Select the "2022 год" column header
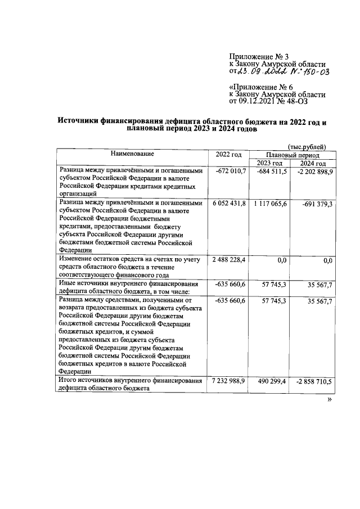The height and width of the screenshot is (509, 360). (x=228, y=155)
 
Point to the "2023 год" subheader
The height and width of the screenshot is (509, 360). (x=269, y=163)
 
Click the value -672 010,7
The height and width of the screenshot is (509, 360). (x=231, y=171)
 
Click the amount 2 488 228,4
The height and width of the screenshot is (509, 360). (x=229, y=259)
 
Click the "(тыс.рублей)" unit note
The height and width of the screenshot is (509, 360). (x=307, y=146)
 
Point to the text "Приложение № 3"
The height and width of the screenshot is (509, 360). (x=258, y=56)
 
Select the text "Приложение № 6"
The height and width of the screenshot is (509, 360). (x=261, y=87)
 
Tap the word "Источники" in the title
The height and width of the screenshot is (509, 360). (x=85, y=121)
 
